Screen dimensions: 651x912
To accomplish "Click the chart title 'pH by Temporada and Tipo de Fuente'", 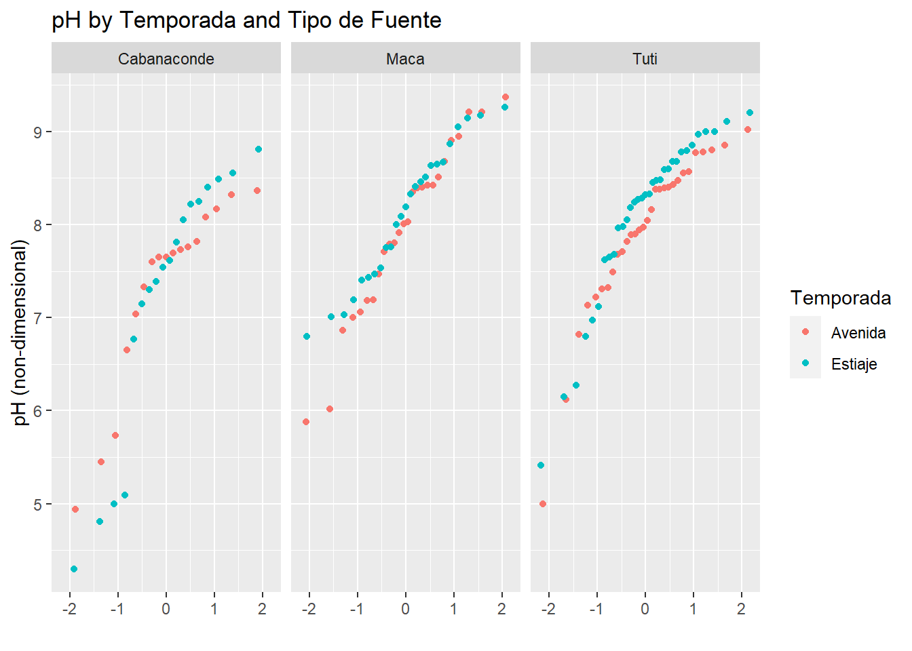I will click(x=246, y=20).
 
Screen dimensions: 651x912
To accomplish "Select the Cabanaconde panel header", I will click(x=166, y=59).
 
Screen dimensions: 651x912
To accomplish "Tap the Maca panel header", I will click(x=405, y=59).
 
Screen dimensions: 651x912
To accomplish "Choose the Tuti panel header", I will click(x=645, y=59).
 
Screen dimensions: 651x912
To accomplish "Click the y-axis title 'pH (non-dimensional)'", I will click(x=21, y=332).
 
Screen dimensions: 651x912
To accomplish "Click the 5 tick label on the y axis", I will click(x=38, y=505).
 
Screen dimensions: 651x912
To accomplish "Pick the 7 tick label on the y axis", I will click(x=38, y=318).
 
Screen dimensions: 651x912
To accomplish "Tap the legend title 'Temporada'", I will click(x=841, y=298).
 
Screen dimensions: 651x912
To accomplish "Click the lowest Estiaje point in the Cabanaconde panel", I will click(x=74, y=569).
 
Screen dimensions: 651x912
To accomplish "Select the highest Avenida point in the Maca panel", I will click(x=505, y=97).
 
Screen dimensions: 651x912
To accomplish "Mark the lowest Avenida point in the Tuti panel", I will click(x=543, y=504).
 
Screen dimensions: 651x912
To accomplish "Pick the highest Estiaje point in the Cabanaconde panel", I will click(x=259, y=149).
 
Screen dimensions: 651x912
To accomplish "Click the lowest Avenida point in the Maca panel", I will click(x=306, y=422).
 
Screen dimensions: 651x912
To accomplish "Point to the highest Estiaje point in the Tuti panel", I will click(x=750, y=113).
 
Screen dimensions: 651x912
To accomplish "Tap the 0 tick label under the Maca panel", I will click(x=405, y=609).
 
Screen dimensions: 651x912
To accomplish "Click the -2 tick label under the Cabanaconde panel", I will click(x=69, y=609).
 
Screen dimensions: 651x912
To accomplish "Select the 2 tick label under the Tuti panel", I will click(x=741, y=609).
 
